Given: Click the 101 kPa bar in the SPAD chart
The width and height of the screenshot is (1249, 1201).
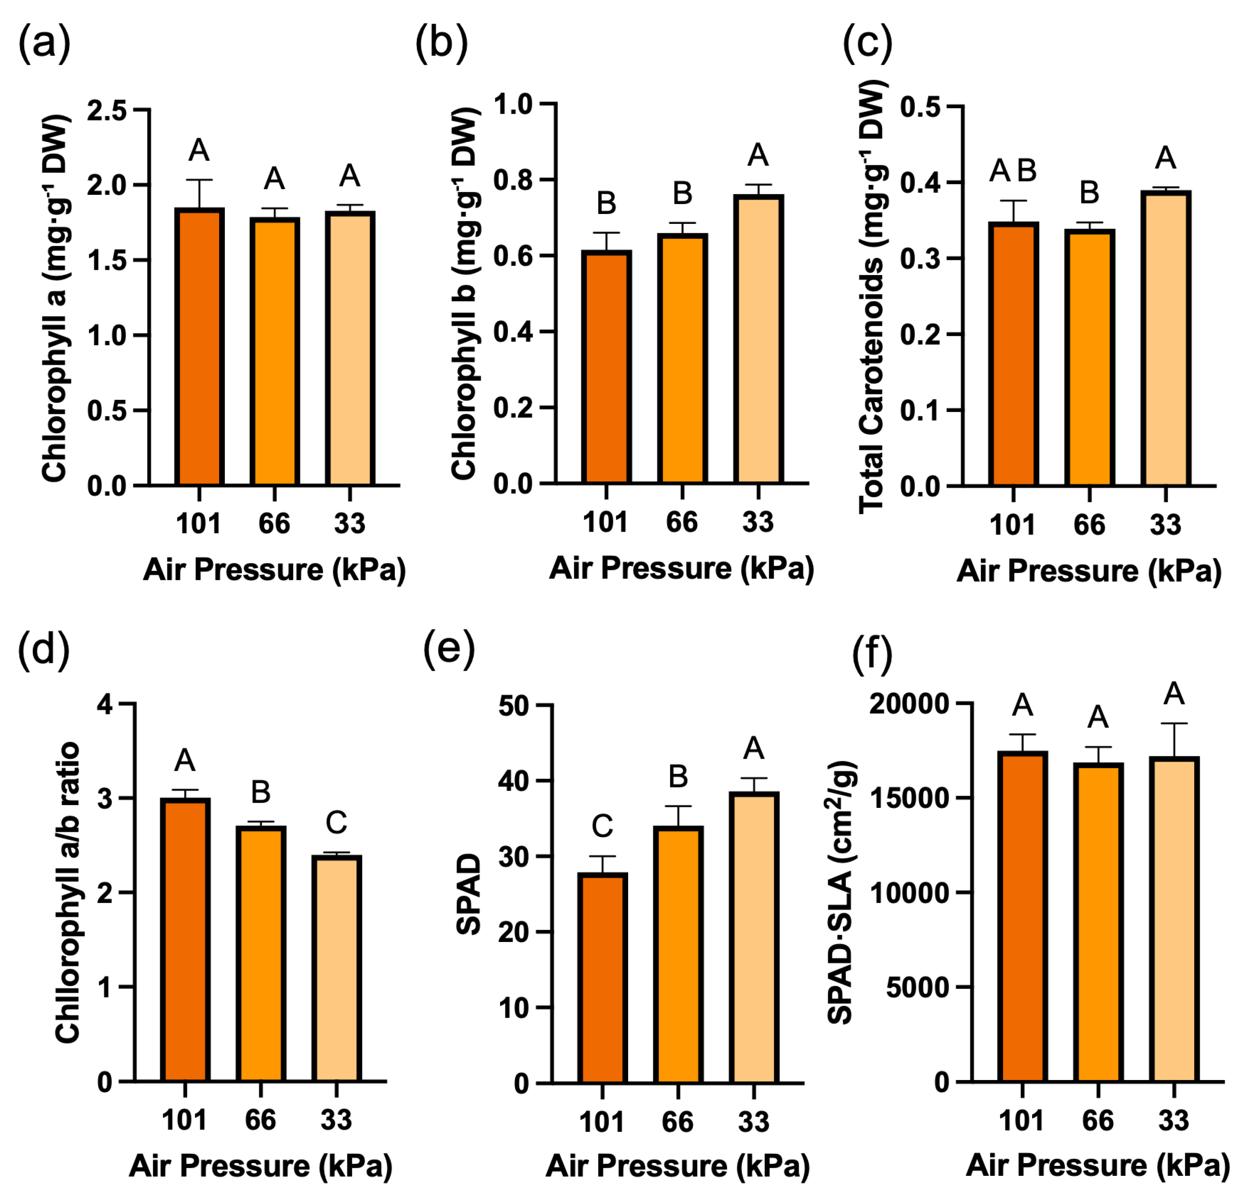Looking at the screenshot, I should (602, 977).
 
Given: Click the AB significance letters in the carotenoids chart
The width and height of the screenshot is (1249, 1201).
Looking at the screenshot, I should (1013, 171).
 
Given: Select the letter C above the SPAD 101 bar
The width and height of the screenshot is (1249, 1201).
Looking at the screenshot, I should (602, 826).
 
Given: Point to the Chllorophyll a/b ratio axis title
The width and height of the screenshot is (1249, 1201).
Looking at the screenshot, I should (67, 892).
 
